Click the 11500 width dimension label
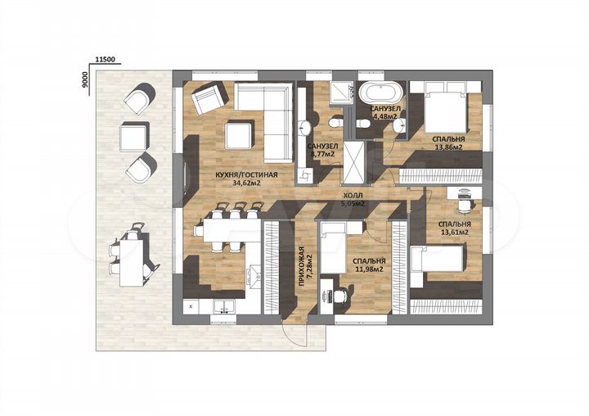(x=106, y=60)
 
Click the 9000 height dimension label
(x=85, y=79)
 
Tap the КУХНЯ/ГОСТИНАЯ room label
(x=246, y=175)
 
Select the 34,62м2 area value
(x=246, y=183)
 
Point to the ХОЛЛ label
(x=352, y=196)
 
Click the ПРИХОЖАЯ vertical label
(x=303, y=266)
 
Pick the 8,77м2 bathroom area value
(x=322, y=153)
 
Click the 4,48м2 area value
(x=385, y=116)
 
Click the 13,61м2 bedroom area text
(x=455, y=233)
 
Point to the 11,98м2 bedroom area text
(x=369, y=269)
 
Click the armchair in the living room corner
(x=209, y=97)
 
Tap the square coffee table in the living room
(x=240, y=134)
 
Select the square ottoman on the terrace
(x=134, y=136)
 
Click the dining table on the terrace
(x=132, y=263)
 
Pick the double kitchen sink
(x=224, y=306)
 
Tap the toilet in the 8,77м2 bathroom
(x=335, y=123)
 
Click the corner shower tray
(x=342, y=93)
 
